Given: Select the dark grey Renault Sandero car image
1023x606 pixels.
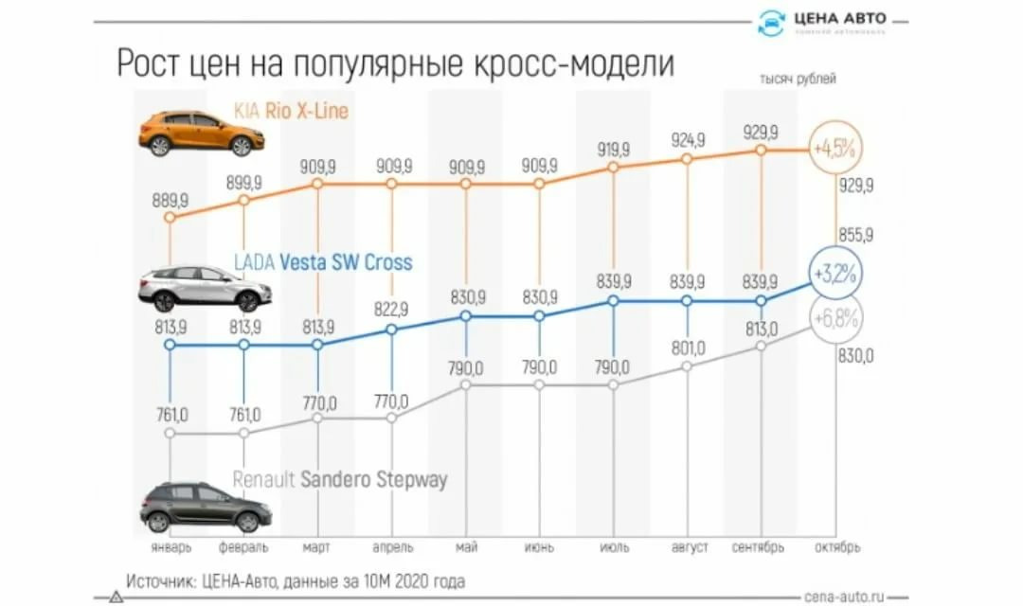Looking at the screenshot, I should point(206,507).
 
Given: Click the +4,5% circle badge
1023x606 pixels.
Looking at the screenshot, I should point(834,150).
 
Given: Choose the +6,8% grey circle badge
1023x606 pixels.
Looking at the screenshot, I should point(834,319).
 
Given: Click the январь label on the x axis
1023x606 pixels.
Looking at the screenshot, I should point(170,547).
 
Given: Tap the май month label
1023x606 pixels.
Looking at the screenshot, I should point(465,547).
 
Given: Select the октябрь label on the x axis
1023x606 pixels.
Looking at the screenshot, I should point(836,547).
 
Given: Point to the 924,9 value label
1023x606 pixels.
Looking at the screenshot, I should point(688,141).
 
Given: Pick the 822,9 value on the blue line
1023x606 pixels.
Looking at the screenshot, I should point(391,309).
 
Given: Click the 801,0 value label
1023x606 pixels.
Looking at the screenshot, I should point(688,348).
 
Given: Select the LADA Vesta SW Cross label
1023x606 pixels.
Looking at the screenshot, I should point(323,262).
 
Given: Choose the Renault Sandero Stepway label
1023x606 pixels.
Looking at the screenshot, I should point(339,480).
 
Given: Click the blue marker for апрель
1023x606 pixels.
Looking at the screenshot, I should point(391,330).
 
